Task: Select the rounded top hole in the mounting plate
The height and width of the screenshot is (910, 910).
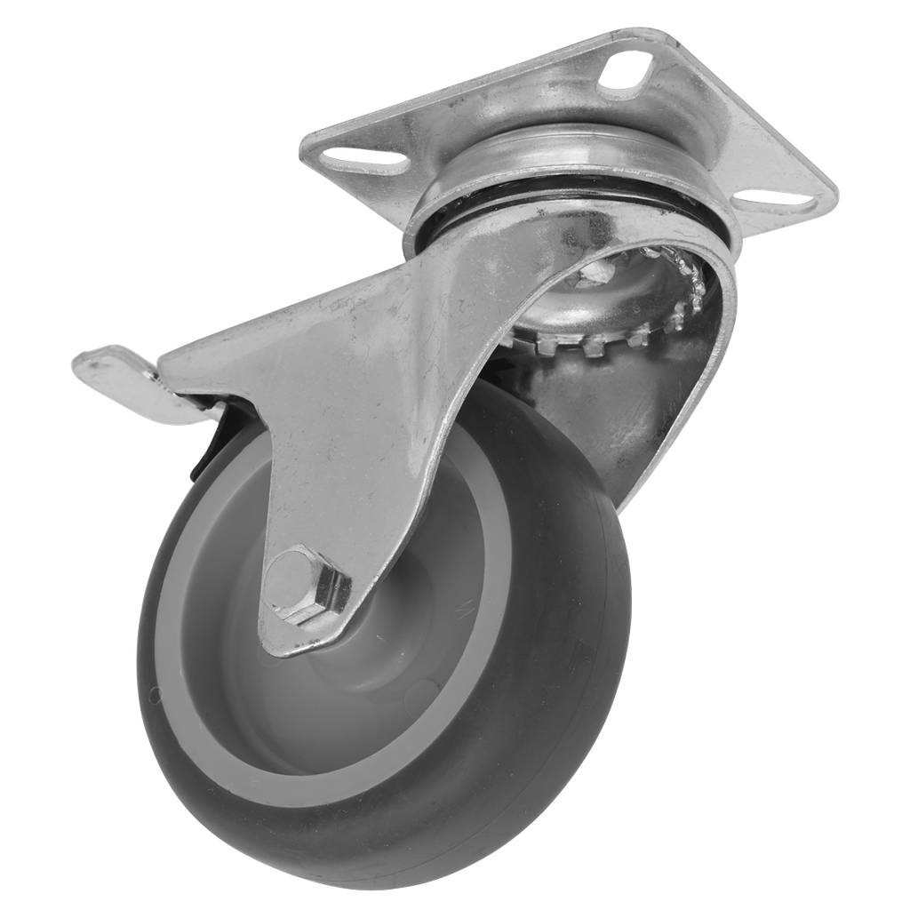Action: [x=626, y=70]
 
